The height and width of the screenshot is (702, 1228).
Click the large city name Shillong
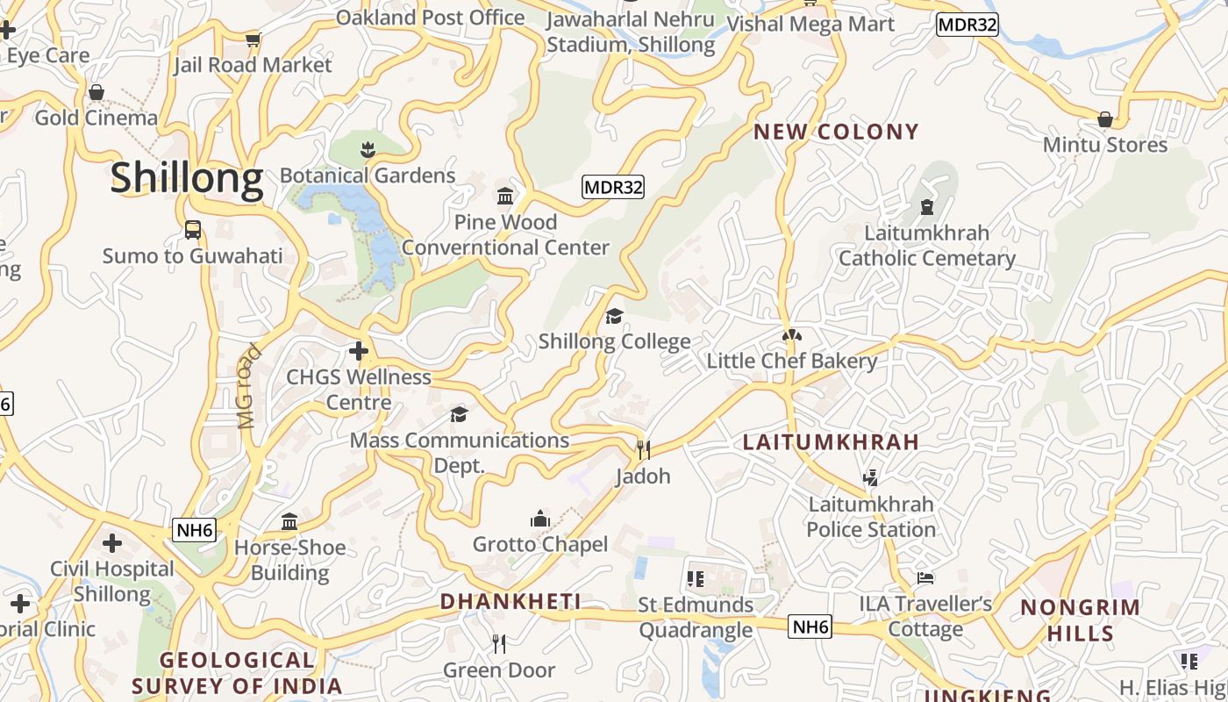coord(187,178)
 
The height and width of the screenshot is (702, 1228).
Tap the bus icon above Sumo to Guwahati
coord(193,230)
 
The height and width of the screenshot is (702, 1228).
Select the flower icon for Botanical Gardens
coord(368,150)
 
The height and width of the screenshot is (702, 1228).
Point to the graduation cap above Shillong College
coord(614,316)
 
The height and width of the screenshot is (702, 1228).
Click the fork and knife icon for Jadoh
coord(644,450)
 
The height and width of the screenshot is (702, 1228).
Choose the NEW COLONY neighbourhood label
coord(836,133)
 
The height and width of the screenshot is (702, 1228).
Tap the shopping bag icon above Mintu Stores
coord(1105,118)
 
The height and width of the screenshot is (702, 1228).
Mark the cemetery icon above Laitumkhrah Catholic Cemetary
coord(927,208)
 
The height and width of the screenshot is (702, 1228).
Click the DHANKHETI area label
coord(510,601)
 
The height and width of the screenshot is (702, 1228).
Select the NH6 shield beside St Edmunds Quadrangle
coord(810,627)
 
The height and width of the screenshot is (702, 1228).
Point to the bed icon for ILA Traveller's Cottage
coord(925,578)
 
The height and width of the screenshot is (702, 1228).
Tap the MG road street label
coord(250,387)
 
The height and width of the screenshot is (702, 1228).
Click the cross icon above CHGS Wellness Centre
coord(358,352)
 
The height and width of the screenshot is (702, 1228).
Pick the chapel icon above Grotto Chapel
coord(540,519)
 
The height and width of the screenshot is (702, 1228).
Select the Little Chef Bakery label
coord(791,362)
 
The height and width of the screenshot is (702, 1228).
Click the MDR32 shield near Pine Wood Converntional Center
coord(613,187)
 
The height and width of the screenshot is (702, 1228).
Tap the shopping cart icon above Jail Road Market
coord(253,39)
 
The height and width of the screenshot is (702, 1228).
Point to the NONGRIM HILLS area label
coord(1080,620)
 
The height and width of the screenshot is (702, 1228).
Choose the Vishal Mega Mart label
coord(810,24)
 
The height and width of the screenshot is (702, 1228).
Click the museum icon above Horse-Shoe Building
coord(289,522)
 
